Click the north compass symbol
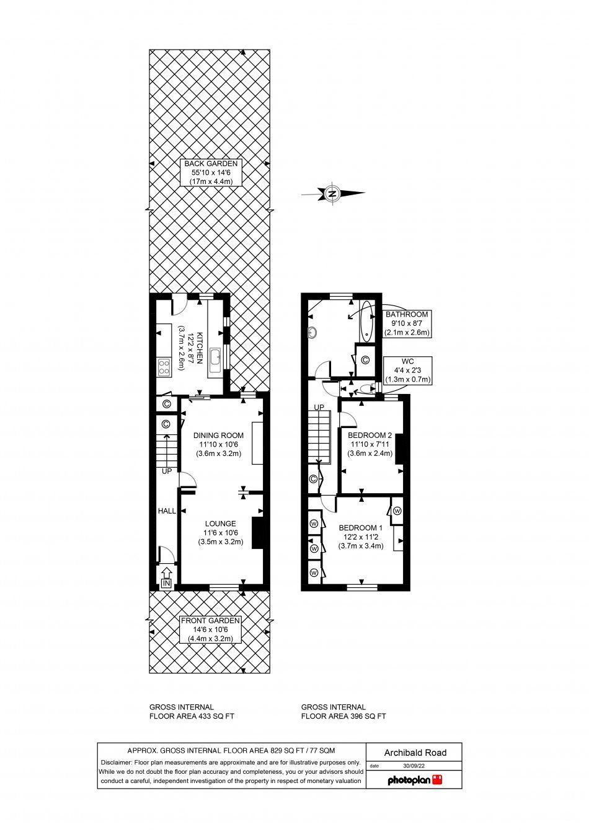[x=332, y=194]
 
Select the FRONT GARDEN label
[x=210, y=629]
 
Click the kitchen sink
[x=216, y=357]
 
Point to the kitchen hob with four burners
[x=164, y=367]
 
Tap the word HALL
[x=167, y=511]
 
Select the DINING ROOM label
[x=218, y=444]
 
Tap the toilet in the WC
[x=368, y=388]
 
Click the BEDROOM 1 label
[x=360, y=536]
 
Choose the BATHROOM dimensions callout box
[x=407, y=323]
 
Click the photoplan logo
[x=415, y=780]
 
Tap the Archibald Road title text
[x=415, y=753]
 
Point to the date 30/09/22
[x=414, y=766]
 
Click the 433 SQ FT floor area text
[x=192, y=716]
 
